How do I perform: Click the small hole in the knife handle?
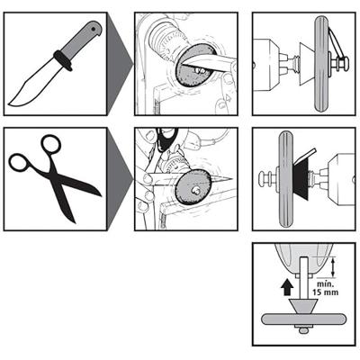[x=94, y=29]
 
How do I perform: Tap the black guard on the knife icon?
[x=63, y=60]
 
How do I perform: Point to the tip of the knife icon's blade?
[x=9, y=104]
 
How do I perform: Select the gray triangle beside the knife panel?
[x=120, y=64]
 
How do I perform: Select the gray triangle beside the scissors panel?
[x=120, y=179]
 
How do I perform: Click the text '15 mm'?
[x=326, y=292]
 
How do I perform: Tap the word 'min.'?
[x=323, y=283]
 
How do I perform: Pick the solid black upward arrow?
[x=288, y=286]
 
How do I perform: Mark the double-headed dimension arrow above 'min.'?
[x=332, y=267]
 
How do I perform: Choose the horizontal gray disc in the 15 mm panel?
[x=303, y=319]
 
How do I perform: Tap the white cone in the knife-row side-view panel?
[x=307, y=64]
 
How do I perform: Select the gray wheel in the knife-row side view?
[x=322, y=64]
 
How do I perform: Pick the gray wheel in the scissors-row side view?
[x=285, y=179]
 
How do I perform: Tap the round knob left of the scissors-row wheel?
[x=263, y=179]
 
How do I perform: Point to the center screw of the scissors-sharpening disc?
[x=196, y=189]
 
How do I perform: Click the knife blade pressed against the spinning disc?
[x=207, y=61]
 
